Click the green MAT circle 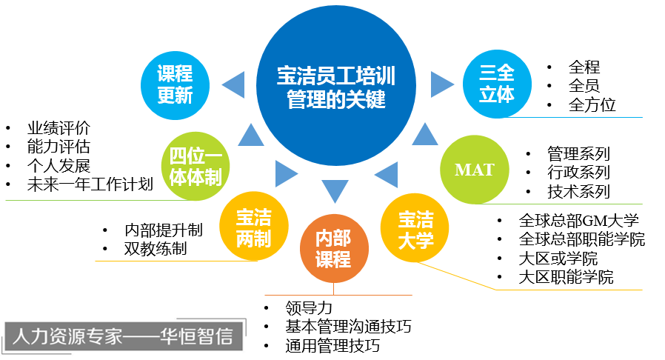click(x=474, y=170)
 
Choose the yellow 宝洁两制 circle click(x=253, y=227)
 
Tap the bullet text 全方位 click(x=592, y=104)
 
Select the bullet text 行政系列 click(x=579, y=173)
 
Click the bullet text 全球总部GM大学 click(x=579, y=221)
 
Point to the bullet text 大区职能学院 click(x=567, y=279)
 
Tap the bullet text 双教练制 click(x=156, y=249)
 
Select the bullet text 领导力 click(x=309, y=307)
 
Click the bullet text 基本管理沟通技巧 click(x=348, y=326)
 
